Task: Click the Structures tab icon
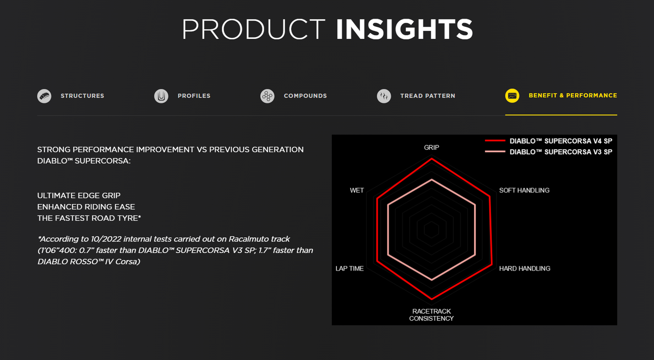[x=44, y=96]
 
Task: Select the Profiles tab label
[x=194, y=96]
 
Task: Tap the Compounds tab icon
[x=267, y=96]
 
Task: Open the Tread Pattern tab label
[x=428, y=96]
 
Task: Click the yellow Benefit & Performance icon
[x=512, y=96]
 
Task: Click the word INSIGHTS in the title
[x=404, y=29]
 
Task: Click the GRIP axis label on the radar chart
[x=431, y=147]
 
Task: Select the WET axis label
[x=357, y=190]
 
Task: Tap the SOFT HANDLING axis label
[x=525, y=190]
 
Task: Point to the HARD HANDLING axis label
[x=525, y=268]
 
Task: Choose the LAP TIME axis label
[x=349, y=268]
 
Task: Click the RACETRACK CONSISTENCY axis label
[x=431, y=315]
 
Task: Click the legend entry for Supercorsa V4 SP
[x=549, y=141]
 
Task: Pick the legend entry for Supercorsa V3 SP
[x=549, y=152]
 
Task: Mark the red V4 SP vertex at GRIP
[x=431, y=158]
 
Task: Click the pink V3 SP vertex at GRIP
[x=431, y=179]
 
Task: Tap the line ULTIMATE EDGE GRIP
[x=79, y=195]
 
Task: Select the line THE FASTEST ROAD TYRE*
[x=89, y=218]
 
